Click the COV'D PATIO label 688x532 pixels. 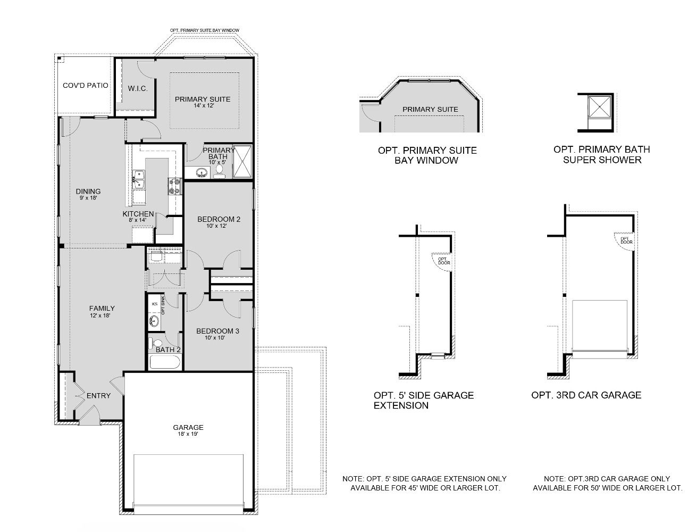pos(85,86)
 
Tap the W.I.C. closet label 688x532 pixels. pos(138,88)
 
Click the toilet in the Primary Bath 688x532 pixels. pos(219,171)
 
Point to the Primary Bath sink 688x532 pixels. pos(202,173)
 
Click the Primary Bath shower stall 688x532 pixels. pos(242,162)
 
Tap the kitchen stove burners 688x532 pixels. pos(174,186)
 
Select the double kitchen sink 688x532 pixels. pos(139,180)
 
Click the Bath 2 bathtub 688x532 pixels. pos(165,362)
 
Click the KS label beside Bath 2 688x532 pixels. pos(155,304)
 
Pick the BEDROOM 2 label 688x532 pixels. pos(219,219)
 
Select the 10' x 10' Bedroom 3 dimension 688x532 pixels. pos(215,338)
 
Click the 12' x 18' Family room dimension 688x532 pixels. pos(100,315)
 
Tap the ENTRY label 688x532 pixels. pos(98,395)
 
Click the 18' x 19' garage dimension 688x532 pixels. pos(188,434)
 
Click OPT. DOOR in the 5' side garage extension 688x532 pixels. pos(444,261)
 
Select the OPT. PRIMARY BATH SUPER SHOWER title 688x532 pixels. pos(601,154)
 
